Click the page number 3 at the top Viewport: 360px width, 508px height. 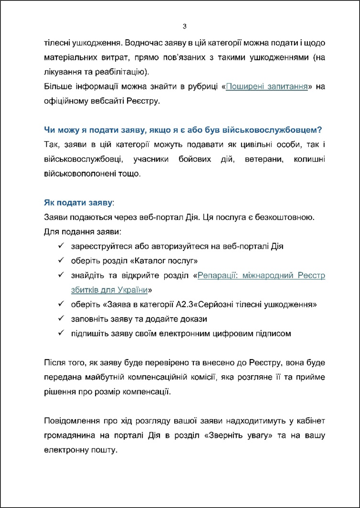point(184,26)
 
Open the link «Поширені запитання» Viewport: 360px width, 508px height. point(267,87)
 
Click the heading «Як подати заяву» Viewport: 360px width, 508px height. point(78,203)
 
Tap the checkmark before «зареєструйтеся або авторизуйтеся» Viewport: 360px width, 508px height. point(61,246)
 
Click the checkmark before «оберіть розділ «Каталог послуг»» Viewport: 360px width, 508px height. point(61,261)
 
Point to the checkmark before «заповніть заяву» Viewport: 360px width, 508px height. point(61,319)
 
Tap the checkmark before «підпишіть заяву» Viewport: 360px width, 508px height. point(61,333)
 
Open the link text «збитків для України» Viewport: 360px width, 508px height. point(109,290)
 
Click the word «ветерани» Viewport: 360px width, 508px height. point(264,159)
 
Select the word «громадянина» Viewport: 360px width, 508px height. point(70,435)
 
